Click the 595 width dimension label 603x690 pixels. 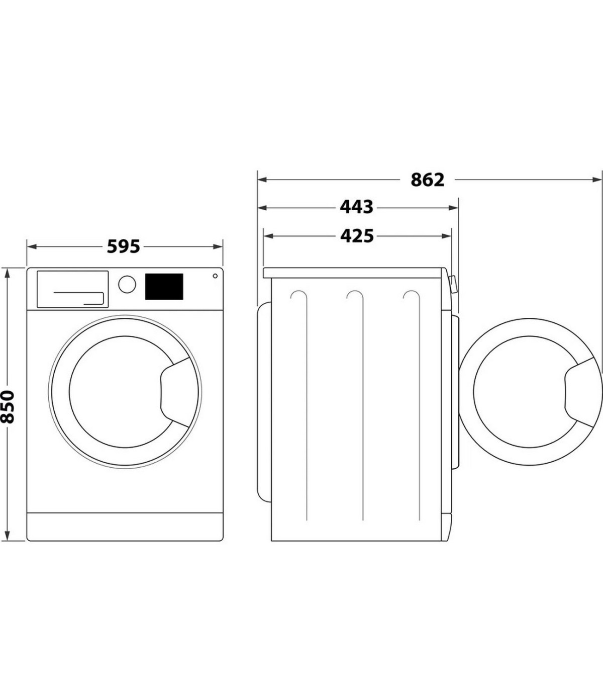tap(123, 246)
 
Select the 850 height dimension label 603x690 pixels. tap(8, 407)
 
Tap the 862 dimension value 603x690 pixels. tap(427, 180)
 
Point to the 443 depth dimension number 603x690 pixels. tap(356, 207)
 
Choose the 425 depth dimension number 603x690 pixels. tap(357, 236)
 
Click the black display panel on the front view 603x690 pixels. tap(164, 286)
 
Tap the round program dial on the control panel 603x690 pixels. tap(127, 284)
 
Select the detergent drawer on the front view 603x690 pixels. tap(72, 289)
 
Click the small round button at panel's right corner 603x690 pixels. tap(215, 276)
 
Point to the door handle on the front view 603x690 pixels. tap(178, 392)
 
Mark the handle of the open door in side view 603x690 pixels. tap(583, 392)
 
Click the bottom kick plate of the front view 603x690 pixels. tap(125, 527)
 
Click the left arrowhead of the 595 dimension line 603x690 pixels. tap(32, 246)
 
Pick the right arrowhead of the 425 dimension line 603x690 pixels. tap(446, 236)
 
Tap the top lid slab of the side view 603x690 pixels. tap(354, 273)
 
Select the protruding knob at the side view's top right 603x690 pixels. tap(453, 284)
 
